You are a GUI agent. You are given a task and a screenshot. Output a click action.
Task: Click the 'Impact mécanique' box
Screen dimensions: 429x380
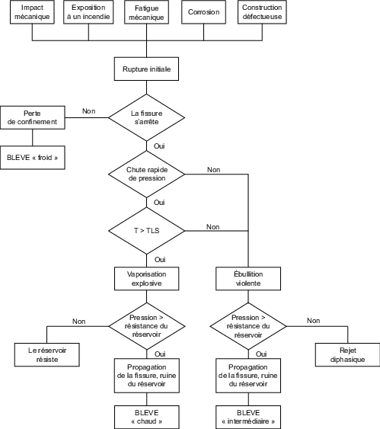pos(32,13)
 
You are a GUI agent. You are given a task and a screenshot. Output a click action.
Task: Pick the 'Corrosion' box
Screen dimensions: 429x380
pos(203,13)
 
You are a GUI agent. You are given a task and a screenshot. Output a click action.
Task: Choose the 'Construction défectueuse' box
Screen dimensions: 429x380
pos(261,13)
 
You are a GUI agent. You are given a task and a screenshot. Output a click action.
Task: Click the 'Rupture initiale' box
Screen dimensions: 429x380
pos(146,69)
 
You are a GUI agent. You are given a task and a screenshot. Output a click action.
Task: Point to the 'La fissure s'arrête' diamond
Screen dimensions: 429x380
pos(146,117)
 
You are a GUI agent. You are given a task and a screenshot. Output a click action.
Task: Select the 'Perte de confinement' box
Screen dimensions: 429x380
pos(32,117)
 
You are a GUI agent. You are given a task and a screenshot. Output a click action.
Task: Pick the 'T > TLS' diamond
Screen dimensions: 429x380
pos(146,229)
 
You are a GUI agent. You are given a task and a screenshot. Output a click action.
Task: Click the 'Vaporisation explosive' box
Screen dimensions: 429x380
pos(146,278)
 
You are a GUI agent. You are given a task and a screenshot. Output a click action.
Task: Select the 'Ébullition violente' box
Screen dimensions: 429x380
pos(248,278)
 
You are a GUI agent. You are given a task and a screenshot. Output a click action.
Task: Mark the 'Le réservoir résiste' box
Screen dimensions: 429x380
pos(46,354)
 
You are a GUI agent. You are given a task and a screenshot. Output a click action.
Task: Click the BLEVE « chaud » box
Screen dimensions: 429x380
pos(146,416)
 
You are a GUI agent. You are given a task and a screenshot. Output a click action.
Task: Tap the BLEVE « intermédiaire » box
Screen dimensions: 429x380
pos(248,416)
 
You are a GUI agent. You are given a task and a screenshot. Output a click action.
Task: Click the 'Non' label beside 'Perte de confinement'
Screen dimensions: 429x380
pos(88,111)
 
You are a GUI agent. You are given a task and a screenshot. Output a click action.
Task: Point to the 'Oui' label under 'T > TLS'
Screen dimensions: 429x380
pos(160,259)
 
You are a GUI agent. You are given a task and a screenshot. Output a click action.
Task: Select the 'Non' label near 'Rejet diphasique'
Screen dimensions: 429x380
pos(313,321)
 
